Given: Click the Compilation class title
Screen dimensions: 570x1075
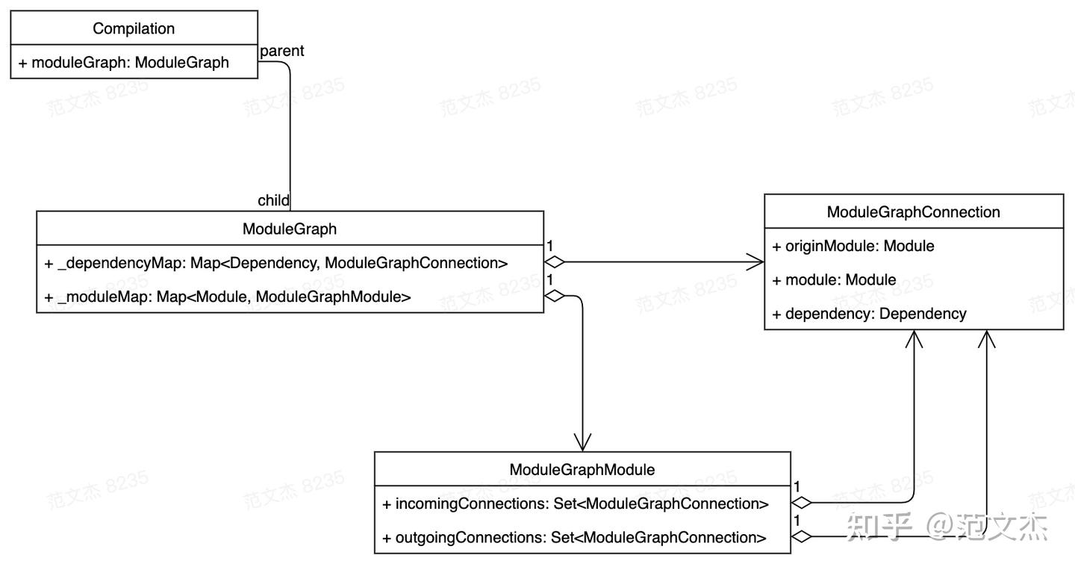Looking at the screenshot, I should [134, 28].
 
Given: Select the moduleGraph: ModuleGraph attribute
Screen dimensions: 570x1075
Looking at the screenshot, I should [123, 63].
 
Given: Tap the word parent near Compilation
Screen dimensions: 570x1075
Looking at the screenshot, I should [281, 51].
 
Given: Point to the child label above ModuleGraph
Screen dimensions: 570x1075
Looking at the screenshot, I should [273, 200].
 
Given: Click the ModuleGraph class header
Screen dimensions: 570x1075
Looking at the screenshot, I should [290, 229].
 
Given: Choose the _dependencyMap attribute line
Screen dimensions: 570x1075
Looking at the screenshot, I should [276, 262].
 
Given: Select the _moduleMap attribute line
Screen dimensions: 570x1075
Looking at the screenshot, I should [228, 297].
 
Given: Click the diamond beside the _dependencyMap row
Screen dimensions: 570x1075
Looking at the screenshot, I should [555, 262].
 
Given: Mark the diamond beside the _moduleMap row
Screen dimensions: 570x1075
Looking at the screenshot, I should [555, 297].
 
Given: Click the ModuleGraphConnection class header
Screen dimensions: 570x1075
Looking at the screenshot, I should [913, 212].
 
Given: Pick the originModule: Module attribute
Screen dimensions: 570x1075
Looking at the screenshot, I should [853, 246].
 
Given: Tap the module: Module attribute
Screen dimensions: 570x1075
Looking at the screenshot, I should [834, 280].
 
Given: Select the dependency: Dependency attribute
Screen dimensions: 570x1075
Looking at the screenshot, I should [869, 314].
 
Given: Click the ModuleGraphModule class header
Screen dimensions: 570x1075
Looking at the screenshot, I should [582, 470].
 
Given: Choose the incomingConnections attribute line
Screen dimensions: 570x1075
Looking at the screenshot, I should [575, 504].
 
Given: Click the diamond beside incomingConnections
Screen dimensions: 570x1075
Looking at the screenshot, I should [802, 503].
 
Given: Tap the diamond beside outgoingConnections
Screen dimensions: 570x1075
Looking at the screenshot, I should [802, 536].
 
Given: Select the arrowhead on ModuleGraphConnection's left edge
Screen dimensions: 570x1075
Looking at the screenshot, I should [755, 262].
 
